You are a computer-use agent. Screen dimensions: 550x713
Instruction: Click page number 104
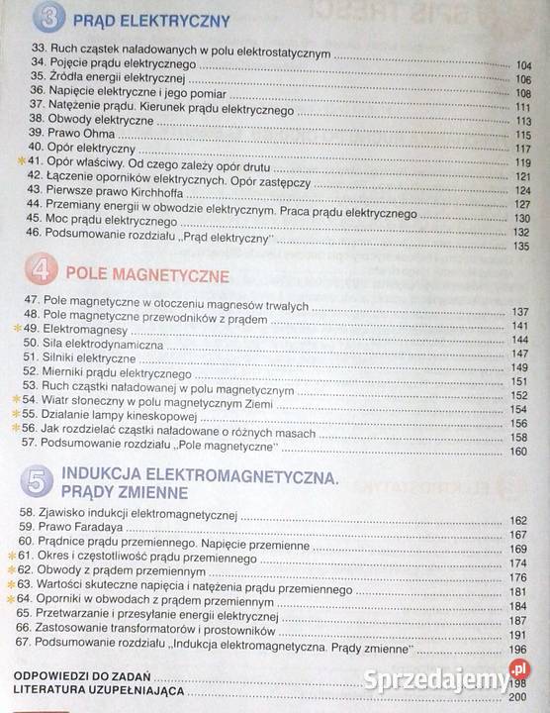pos(523,66)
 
